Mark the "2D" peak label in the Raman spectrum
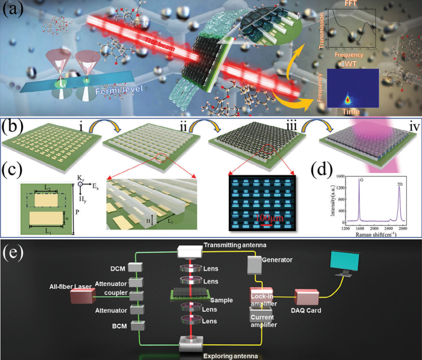pyautogui.click(x=400, y=184)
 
